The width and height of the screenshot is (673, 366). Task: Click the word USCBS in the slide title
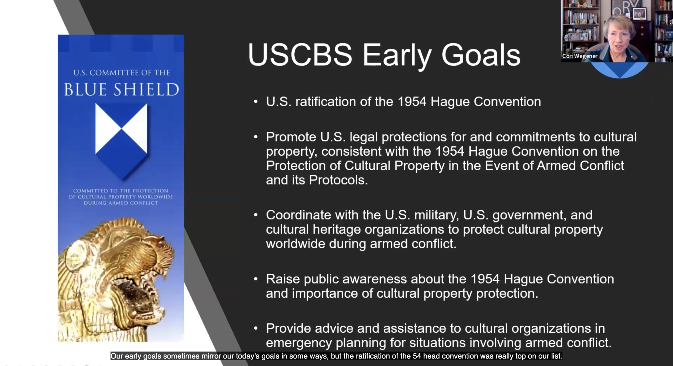pos(300,55)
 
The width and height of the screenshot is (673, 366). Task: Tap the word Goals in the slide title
pos(481,55)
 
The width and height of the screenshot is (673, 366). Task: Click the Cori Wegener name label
pos(580,56)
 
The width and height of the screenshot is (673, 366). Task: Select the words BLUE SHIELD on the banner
pos(121,89)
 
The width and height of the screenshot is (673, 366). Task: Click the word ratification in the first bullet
pos(326,102)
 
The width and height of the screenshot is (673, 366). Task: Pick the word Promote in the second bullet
pos(291,137)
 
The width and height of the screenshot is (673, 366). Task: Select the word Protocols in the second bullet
pos(338,180)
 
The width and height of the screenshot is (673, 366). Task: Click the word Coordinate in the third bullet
pos(298,215)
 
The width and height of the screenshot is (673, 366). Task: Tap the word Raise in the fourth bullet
pos(283,279)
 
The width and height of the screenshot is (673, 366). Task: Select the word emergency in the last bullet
pos(299,343)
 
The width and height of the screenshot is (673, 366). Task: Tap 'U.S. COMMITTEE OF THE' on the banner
pos(122,73)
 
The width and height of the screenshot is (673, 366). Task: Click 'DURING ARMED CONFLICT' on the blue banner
pos(121,203)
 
